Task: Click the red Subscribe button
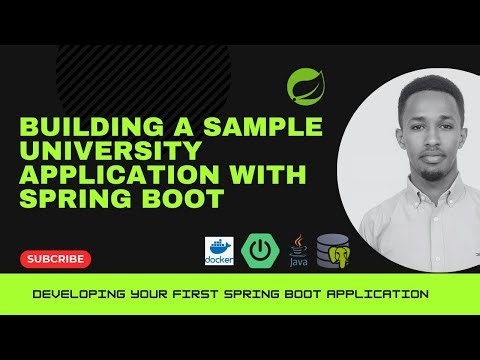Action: [56, 258]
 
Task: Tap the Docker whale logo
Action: [217, 250]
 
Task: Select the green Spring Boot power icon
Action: [258, 250]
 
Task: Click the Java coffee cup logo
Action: [298, 250]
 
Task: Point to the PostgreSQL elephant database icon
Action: [333, 251]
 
